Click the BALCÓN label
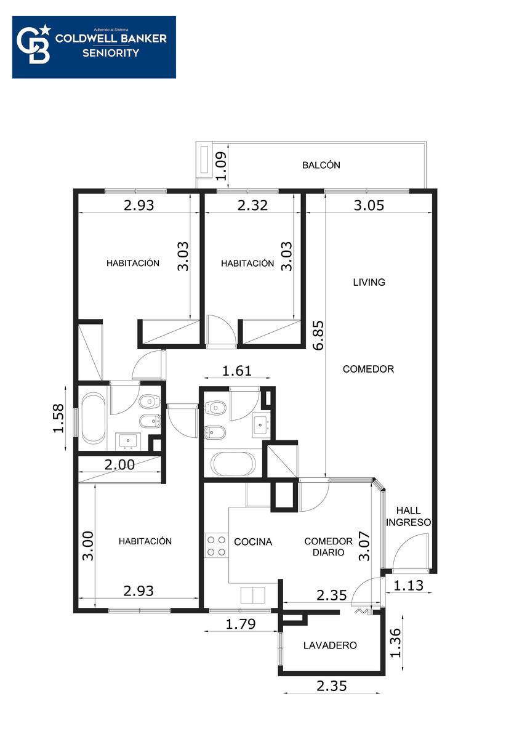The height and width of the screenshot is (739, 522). pyautogui.click(x=321, y=165)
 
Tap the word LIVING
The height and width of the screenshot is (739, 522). pyautogui.click(x=369, y=282)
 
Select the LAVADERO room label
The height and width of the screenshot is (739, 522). pyautogui.click(x=330, y=645)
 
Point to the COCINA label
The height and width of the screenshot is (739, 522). pyautogui.click(x=253, y=542)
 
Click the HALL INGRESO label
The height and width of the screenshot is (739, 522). pyautogui.click(x=408, y=517)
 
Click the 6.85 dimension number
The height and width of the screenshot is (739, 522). pyautogui.click(x=319, y=335)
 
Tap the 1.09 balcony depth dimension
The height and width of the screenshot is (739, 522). pyautogui.click(x=220, y=166)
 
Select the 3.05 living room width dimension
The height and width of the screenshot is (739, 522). pyautogui.click(x=369, y=205)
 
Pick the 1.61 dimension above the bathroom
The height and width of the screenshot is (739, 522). pyautogui.click(x=237, y=371)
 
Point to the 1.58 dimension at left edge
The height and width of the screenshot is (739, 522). pyautogui.click(x=58, y=418)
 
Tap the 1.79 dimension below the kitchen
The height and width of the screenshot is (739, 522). pyautogui.click(x=241, y=624)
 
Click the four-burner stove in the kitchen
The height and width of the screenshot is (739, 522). pyautogui.click(x=216, y=546)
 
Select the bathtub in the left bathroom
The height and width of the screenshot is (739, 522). pyautogui.click(x=94, y=418)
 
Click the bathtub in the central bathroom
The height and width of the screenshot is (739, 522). pyautogui.click(x=233, y=464)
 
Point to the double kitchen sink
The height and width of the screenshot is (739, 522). pyautogui.click(x=252, y=595)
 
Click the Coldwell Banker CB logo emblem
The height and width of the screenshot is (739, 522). pyautogui.click(x=34, y=44)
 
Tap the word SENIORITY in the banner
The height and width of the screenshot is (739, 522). pyautogui.click(x=111, y=53)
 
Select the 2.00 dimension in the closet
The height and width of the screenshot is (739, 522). pyautogui.click(x=119, y=465)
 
